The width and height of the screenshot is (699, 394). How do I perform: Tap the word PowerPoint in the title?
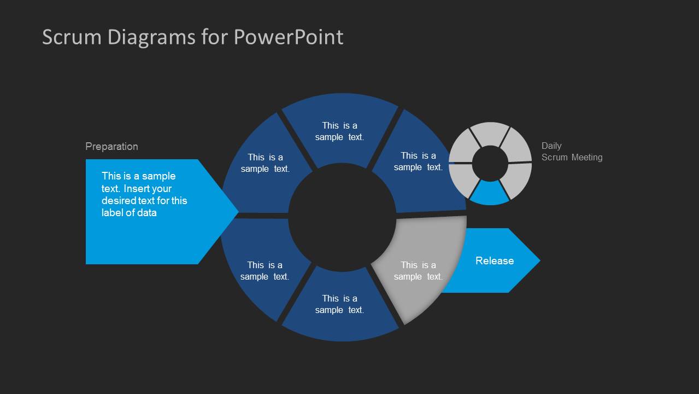pyautogui.click(x=289, y=37)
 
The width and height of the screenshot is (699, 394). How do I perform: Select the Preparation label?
pyautogui.click(x=111, y=146)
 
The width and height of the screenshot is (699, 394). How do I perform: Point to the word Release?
pyautogui.click(x=494, y=260)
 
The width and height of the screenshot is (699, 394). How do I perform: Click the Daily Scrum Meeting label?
pyautogui.click(x=572, y=152)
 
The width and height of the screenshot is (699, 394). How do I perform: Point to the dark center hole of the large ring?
pyautogui.click(x=342, y=217)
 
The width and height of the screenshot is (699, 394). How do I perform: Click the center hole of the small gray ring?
pyautogui.click(x=490, y=163)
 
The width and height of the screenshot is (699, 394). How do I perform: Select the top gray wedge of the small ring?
pyautogui.click(x=490, y=133)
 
